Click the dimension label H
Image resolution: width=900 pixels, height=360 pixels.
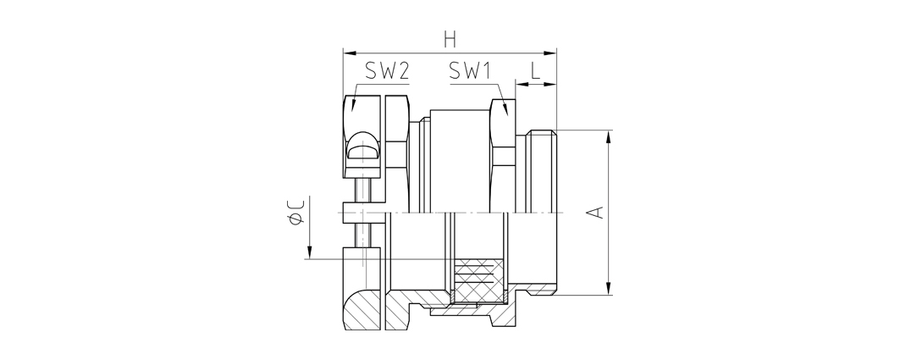point(450,40)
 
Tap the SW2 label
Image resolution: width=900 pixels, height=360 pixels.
point(387,71)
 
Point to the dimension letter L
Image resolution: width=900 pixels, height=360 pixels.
point(535,71)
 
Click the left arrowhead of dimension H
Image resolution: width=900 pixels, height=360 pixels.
point(350,53)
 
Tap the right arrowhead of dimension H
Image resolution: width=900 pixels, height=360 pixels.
point(549,53)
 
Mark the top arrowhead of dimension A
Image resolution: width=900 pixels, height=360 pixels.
point(608,137)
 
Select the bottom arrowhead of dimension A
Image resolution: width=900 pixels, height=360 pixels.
point(608,288)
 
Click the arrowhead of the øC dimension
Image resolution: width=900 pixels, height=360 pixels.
point(309,252)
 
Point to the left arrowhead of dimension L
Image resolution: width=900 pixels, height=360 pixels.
point(522,85)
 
